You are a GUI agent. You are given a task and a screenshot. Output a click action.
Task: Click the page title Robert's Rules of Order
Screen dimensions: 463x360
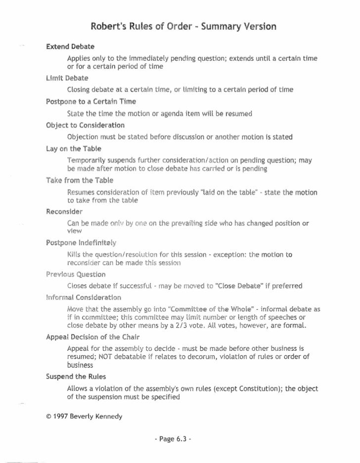click(x=183, y=26)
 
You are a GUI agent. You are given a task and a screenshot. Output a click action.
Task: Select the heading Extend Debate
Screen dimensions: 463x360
click(x=70, y=47)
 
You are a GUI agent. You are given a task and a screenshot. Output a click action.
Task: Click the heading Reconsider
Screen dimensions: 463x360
click(x=64, y=211)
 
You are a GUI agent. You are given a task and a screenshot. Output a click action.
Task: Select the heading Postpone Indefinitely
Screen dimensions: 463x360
click(x=81, y=243)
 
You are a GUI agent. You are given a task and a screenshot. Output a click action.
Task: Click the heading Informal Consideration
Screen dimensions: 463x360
click(x=84, y=297)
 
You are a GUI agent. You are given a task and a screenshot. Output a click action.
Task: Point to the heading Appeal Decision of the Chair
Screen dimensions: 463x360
click(x=91, y=337)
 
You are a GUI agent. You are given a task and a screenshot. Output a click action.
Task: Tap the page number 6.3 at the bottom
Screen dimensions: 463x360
click(x=180, y=438)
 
